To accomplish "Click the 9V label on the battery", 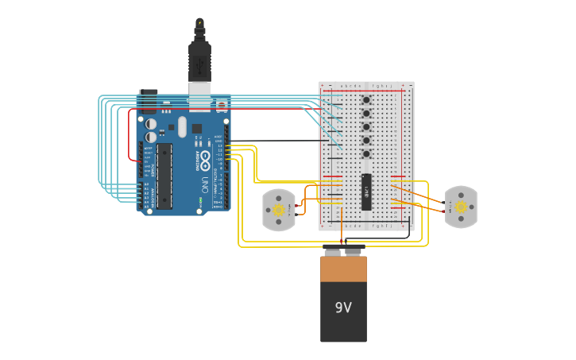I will [x=343, y=308].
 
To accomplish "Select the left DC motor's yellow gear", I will [x=279, y=210].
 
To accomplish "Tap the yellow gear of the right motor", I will [x=461, y=207].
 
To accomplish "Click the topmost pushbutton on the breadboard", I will [x=366, y=100].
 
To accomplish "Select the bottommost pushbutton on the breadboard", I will [x=366, y=153].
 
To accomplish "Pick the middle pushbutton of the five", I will [x=366, y=127].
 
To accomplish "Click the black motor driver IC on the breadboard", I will [x=366, y=192].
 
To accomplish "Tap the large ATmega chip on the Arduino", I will [x=164, y=176].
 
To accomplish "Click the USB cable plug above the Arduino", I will [x=199, y=60].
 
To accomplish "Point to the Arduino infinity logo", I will [x=205, y=157].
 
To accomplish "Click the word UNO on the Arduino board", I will [x=205, y=184].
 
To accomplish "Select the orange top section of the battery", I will [x=343, y=269].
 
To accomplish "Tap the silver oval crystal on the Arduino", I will [x=182, y=126].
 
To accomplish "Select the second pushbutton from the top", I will [x=366, y=114].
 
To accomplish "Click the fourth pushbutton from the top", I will [x=366, y=141].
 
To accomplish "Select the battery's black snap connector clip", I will [x=343, y=249].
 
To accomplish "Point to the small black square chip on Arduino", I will [x=196, y=128].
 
